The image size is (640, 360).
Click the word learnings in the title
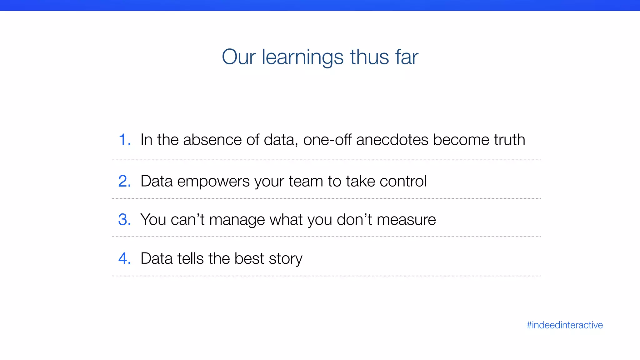pyautogui.click(x=302, y=57)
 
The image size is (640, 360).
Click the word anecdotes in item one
pyautogui.click(x=392, y=140)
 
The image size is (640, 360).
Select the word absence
pyautogui.click(x=212, y=140)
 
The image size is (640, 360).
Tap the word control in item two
pyautogui.click(x=403, y=181)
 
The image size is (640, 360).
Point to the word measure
pyautogui.click(x=406, y=220)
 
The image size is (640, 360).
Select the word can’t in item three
pyautogui.click(x=187, y=220)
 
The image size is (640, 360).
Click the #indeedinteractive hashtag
pyautogui.click(x=564, y=325)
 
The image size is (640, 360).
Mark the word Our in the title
pyautogui.click(x=238, y=57)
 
